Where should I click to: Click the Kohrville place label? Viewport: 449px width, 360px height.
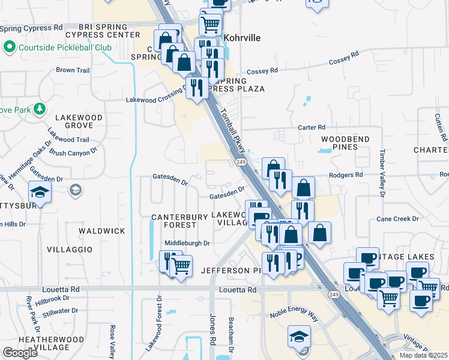tap(242, 38)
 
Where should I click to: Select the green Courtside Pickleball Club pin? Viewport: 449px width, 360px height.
tap(9, 46)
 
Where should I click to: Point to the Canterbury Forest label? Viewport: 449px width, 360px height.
tap(173, 220)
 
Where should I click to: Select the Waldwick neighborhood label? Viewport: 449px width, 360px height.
tap(103, 230)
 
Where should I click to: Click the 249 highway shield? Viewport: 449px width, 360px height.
tap(241, 162)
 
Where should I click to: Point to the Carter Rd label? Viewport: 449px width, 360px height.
tap(312, 127)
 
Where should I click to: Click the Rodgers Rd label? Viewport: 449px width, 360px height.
tap(346, 175)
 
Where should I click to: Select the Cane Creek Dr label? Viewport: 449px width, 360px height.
tap(397, 218)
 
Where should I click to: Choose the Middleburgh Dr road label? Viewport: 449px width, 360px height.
tap(187, 243)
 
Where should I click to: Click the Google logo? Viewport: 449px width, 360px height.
tap(20, 353)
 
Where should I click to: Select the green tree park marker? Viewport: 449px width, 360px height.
tap(39, 109)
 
